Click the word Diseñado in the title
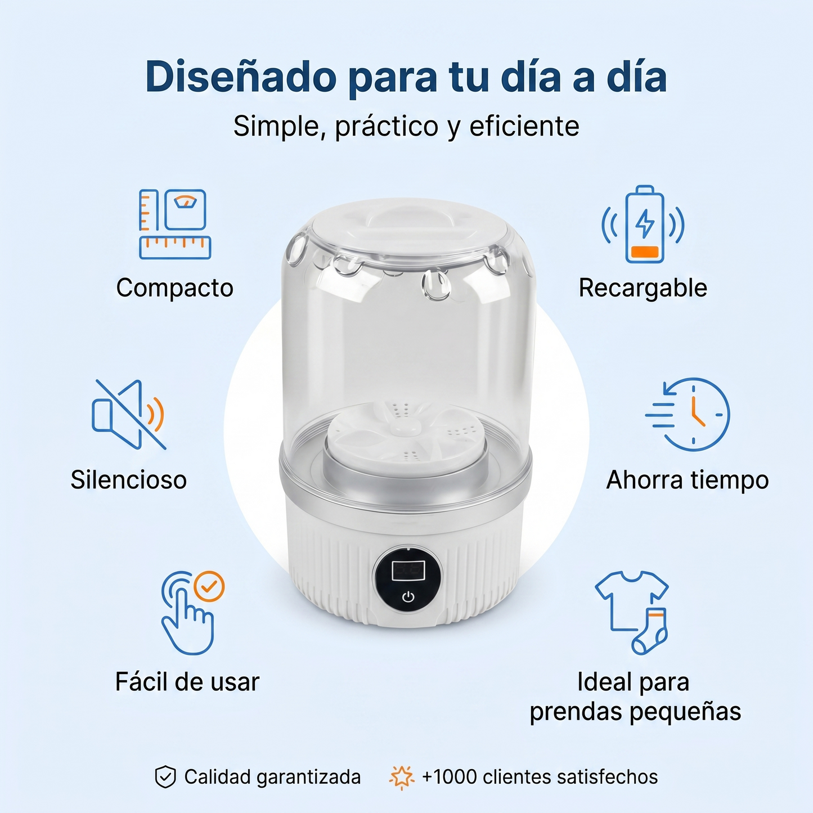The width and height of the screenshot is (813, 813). [241, 77]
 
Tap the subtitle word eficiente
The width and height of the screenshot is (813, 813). [524, 127]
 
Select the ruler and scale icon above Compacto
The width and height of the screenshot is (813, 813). [174, 224]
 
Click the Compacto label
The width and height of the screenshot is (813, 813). [174, 288]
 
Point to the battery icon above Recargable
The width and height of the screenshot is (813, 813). [644, 225]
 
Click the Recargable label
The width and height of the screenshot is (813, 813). [643, 288]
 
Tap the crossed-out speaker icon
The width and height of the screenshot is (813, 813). [128, 415]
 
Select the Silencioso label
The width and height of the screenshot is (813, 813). [128, 480]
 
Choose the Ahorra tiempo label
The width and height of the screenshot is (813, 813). [687, 480]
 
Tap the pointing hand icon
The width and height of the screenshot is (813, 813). [186, 619]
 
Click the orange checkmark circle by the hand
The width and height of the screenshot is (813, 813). [209, 587]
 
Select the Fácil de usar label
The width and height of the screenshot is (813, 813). [187, 682]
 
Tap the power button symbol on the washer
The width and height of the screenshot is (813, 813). [408, 597]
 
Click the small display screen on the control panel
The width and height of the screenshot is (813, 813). [408, 570]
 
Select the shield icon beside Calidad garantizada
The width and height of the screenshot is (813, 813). [165, 777]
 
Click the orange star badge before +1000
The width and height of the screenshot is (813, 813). [401, 777]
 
